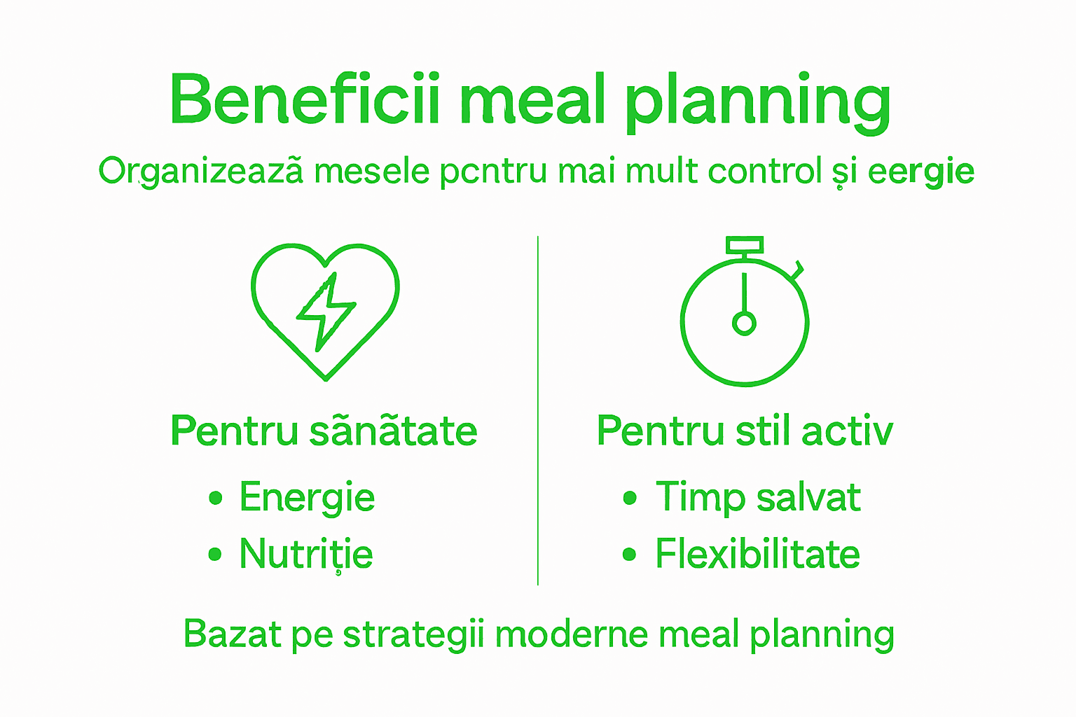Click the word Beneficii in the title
pyautogui.click(x=305, y=99)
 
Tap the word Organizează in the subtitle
pyautogui.click(x=202, y=172)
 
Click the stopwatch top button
pyautogui.click(x=744, y=245)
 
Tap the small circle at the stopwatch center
pyautogui.click(x=744, y=323)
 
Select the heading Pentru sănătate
pyautogui.click(x=324, y=431)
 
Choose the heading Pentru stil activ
pyautogui.click(x=745, y=431)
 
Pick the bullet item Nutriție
pyautogui.click(x=306, y=555)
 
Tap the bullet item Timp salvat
pyautogui.click(x=758, y=498)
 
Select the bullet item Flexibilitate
pyautogui.click(x=757, y=555)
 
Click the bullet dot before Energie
pyautogui.click(x=216, y=499)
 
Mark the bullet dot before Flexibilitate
pyautogui.click(x=629, y=555)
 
